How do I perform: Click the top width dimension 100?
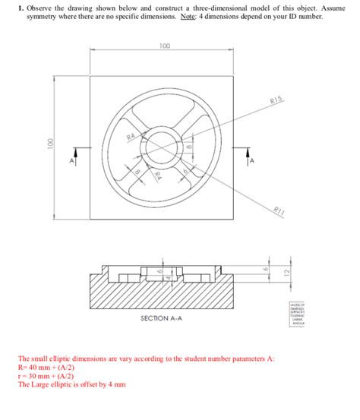(165, 46)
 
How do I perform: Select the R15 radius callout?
(276, 101)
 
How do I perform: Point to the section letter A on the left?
(73, 161)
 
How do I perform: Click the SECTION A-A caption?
(160, 318)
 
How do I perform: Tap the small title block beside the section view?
(295, 311)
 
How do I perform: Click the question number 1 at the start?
(20, 7)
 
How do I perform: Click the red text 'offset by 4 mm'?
(102, 385)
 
